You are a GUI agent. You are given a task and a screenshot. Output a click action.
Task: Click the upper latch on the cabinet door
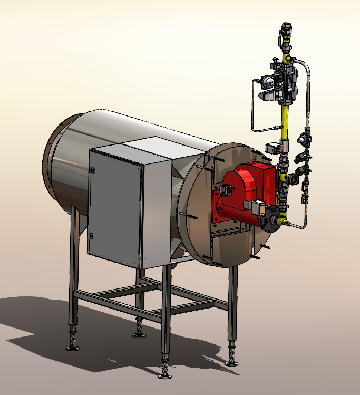[93, 170]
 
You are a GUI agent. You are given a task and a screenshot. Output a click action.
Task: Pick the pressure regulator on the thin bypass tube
[304, 138]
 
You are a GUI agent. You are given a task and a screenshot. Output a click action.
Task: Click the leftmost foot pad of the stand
[72, 346]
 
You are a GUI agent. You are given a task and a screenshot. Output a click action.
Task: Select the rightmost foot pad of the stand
[231, 362]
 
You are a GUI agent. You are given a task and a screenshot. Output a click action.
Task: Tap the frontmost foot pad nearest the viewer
[165, 375]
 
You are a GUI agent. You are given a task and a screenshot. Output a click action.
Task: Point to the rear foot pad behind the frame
[139, 334]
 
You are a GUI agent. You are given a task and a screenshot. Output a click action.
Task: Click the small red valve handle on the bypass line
[303, 186]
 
